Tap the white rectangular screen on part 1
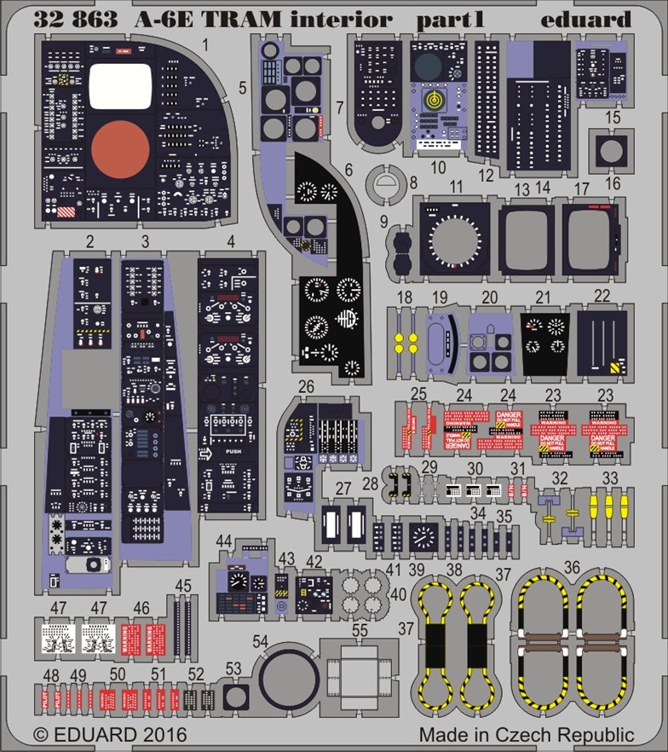119,87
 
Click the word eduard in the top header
597,19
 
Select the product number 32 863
74,19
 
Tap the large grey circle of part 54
289,683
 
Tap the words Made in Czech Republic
526,734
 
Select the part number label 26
306,388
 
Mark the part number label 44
224,541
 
